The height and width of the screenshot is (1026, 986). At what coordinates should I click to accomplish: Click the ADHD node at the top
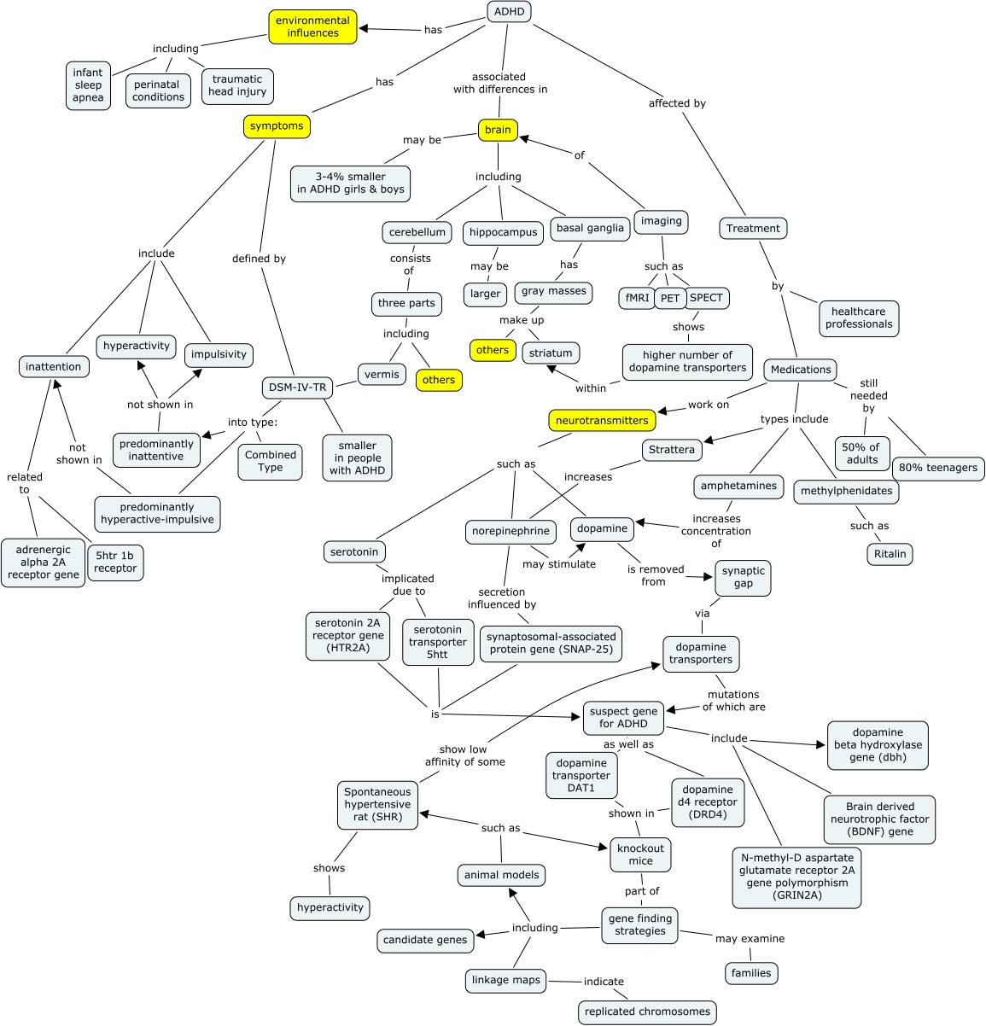508,12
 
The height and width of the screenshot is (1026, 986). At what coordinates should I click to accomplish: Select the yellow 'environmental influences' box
312,27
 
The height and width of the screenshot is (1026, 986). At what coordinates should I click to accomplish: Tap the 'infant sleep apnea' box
88,85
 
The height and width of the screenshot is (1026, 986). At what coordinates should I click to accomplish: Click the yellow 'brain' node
498,130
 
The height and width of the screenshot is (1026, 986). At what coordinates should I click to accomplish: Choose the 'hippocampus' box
503,232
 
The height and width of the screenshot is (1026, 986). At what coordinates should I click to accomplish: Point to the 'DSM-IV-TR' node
297,388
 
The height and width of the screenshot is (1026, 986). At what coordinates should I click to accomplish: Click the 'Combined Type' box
270,461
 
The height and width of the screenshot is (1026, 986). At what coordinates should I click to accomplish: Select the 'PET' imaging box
670,299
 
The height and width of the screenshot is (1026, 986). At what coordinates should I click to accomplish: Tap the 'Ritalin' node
890,554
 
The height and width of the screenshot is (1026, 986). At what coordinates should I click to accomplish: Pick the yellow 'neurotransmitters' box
602,421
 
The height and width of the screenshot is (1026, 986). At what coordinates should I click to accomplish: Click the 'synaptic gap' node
743,577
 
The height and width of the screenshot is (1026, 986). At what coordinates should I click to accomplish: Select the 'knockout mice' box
640,854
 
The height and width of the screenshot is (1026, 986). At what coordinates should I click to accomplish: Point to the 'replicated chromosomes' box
647,1011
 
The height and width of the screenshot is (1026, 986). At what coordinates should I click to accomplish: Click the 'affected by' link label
677,103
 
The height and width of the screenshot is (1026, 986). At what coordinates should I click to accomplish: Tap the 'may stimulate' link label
559,564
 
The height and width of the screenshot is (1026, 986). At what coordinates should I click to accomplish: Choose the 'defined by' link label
259,259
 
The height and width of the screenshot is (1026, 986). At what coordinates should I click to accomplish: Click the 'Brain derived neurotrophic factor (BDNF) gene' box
879,819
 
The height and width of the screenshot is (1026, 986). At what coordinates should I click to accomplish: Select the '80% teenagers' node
938,468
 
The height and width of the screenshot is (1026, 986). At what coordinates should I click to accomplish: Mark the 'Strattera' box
672,450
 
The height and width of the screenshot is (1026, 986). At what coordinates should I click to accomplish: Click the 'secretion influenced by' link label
501,598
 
